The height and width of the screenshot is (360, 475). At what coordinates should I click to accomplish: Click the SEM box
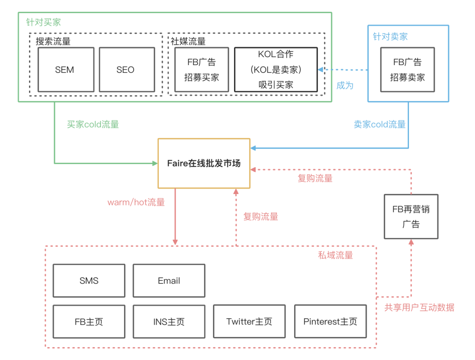point(66,70)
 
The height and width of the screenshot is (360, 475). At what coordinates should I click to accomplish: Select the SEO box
point(127,70)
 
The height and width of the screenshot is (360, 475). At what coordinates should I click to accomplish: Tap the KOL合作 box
point(276,70)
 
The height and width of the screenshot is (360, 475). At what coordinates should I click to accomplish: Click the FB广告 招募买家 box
point(202,70)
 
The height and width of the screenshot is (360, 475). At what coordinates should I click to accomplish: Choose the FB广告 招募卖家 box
point(407,70)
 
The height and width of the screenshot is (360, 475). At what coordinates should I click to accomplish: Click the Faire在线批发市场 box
point(204,163)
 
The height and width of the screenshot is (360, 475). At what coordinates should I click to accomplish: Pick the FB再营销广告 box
point(411,217)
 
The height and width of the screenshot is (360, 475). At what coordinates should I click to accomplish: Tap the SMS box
point(89,281)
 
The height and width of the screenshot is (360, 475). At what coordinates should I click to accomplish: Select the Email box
point(169,281)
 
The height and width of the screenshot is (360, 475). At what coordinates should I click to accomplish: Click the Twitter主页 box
point(249,321)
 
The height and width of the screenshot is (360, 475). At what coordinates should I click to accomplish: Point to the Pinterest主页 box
point(330,321)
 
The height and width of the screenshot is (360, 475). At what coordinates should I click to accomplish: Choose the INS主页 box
point(169,322)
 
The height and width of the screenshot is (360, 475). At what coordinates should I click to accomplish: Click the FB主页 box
point(89,322)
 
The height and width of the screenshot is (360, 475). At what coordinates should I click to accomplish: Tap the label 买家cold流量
point(93,124)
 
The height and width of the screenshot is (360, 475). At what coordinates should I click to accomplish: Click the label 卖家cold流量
point(380,124)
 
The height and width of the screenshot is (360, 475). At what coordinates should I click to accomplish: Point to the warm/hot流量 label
point(136,202)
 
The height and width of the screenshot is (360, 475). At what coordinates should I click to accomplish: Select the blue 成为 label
point(345,85)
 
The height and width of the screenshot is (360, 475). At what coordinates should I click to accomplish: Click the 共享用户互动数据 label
point(419,308)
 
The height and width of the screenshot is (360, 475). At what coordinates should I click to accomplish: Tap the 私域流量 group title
point(335,255)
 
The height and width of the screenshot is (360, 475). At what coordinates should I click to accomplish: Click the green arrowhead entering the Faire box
point(155,163)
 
